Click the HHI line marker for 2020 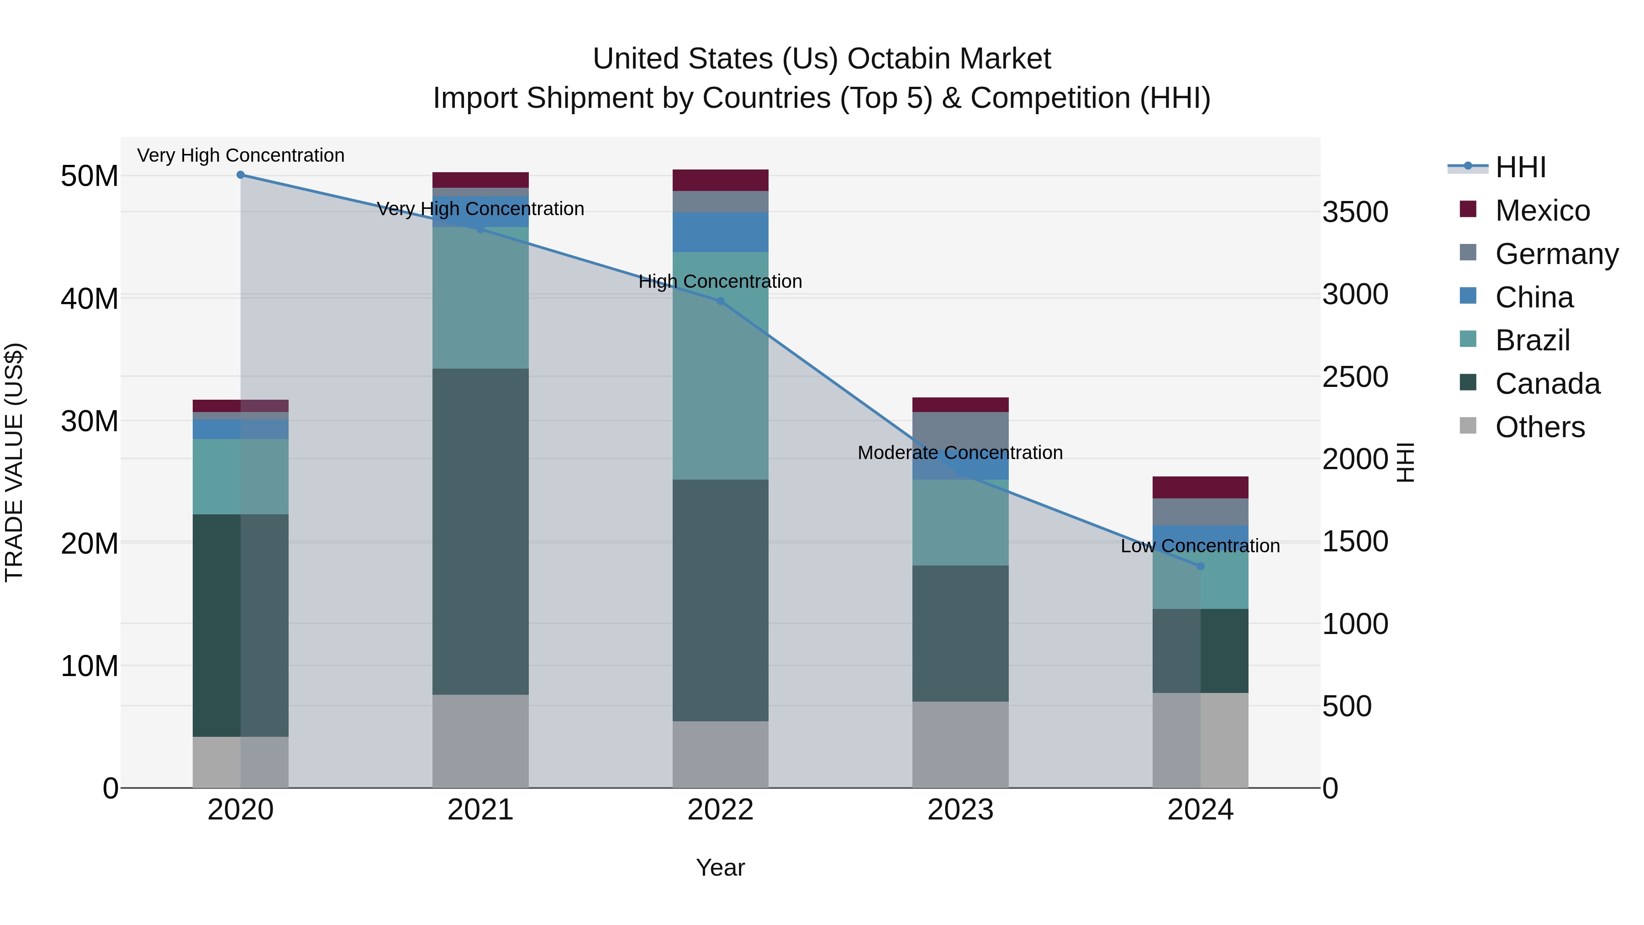pos(241,175)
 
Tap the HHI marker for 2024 pos(1201,566)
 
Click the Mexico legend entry pos(1542,211)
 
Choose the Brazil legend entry pos(1532,340)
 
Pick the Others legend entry pos(1539,427)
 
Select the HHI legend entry pos(1520,167)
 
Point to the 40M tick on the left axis pos(90,299)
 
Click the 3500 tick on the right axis pos(1355,212)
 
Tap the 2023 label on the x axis pos(960,810)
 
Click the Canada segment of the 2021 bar pos(480,531)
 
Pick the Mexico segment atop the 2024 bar pos(1201,487)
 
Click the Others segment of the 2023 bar pos(960,745)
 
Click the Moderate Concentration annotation pos(960,453)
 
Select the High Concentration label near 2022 pos(720,281)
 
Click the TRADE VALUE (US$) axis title pos(14,462)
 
